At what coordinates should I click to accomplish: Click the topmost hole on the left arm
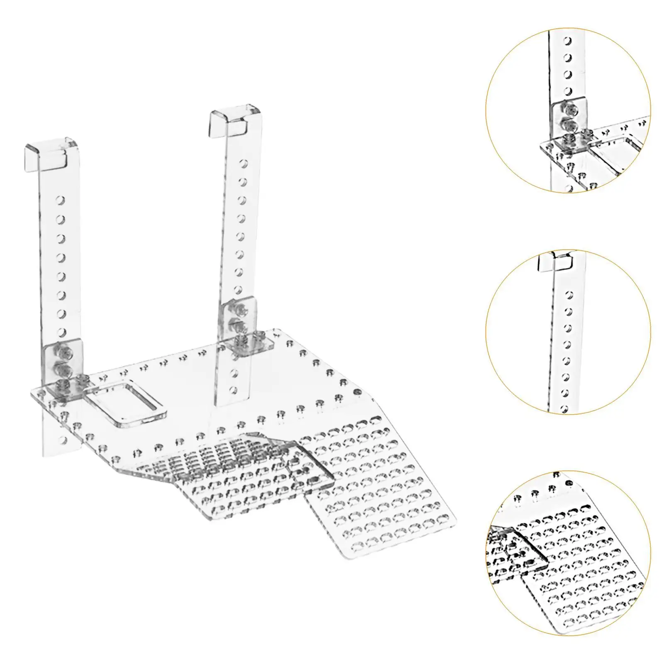tap(61, 200)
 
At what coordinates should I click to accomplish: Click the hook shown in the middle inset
tap(555, 261)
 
